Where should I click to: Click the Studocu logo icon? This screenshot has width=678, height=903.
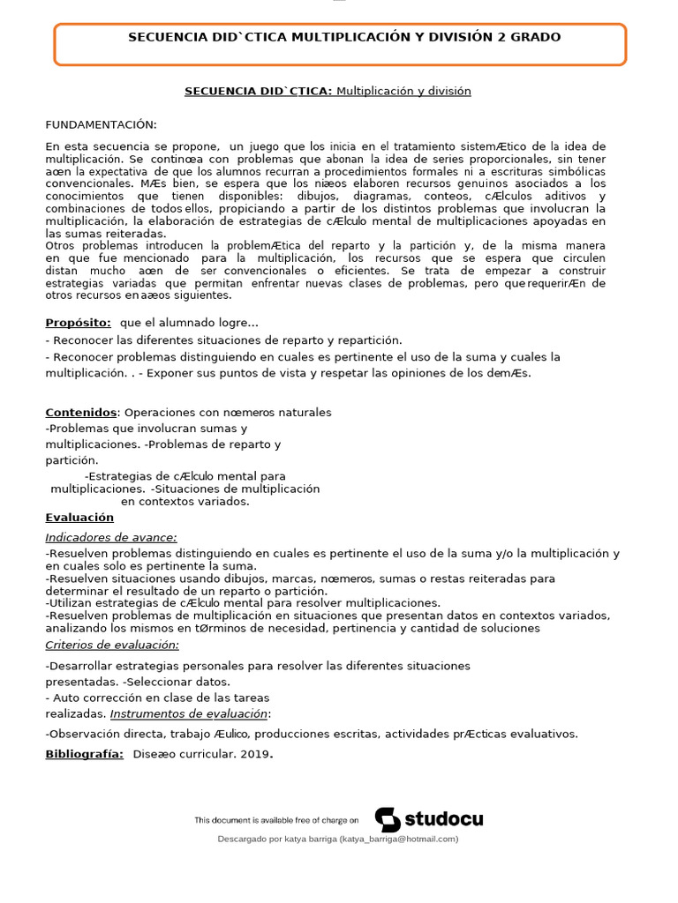point(388,819)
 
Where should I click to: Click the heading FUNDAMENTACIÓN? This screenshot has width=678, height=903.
point(101,125)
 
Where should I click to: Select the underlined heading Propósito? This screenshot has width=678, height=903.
point(79,323)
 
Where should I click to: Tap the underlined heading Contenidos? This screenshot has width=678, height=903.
point(81,412)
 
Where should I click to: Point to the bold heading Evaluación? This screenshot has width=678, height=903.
point(79,518)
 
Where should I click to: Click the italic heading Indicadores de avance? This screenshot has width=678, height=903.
point(111,537)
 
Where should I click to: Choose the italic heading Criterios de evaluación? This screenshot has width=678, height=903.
point(112,645)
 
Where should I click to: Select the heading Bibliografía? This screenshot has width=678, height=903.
point(85,754)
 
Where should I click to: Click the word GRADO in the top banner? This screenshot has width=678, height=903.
point(534,37)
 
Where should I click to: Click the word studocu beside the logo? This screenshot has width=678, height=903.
point(443,819)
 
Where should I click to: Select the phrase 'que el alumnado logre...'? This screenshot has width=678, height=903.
point(189,323)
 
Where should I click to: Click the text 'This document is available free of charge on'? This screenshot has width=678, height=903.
point(276,820)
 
